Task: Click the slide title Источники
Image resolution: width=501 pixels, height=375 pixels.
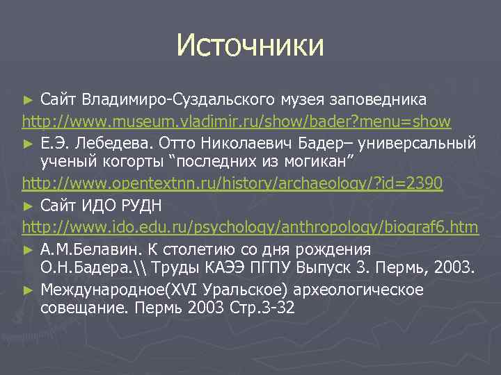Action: pyautogui.click(x=250, y=45)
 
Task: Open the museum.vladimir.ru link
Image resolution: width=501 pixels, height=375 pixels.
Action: pyautogui.click(x=237, y=122)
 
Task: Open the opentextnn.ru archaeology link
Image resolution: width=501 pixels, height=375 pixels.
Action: pyautogui.click(x=232, y=185)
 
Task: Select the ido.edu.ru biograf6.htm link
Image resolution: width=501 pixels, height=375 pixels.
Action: pyautogui.click(x=250, y=226)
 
